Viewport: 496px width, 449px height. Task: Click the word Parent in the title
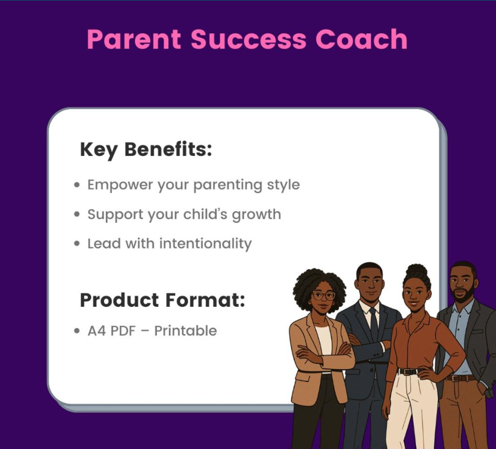point(134,39)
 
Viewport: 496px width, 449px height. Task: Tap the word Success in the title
point(249,39)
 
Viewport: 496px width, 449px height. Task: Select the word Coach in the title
point(361,39)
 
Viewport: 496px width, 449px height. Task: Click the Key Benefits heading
point(146,150)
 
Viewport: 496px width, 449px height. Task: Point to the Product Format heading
point(162,300)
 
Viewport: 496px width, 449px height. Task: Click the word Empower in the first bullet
point(120,185)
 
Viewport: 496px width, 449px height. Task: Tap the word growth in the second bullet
point(256,215)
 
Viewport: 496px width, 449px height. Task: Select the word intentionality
point(206,244)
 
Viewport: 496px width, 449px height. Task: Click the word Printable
point(186,331)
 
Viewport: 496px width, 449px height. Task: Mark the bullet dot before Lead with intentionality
point(77,244)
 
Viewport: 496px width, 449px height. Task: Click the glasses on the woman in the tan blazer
point(324,296)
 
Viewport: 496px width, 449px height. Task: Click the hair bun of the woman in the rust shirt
point(417,271)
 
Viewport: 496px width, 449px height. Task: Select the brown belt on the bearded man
point(461,378)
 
